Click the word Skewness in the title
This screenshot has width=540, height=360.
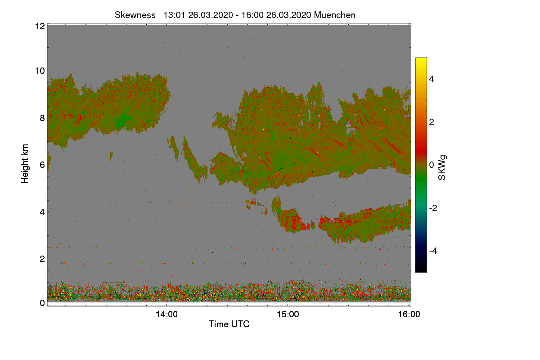(135, 15)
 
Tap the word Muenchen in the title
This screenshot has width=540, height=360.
(335, 15)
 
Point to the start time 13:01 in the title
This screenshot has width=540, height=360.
(174, 15)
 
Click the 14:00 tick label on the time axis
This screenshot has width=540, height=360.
(166, 315)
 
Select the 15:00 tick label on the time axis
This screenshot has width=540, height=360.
(288, 315)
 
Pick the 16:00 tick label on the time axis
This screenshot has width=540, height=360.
(409, 315)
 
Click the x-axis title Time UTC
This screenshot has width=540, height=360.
(229, 324)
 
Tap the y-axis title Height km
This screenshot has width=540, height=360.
(25, 164)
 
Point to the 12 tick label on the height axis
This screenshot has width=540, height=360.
(40, 26)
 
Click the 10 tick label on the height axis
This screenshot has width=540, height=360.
(40, 71)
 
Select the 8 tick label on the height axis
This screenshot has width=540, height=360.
(42, 118)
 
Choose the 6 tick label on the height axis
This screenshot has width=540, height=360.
(42, 165)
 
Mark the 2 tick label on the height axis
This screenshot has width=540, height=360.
(42, 259)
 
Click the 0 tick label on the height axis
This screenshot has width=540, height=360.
(42, 303)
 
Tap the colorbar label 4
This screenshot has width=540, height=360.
(432, 79)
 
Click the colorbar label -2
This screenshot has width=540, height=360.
(433, 208)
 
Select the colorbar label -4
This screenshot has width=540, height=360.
(433, 251)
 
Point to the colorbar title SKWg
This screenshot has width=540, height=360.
(442, 168)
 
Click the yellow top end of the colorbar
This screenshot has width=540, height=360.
(421, 58)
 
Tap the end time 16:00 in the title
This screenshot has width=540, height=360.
(252, 15)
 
